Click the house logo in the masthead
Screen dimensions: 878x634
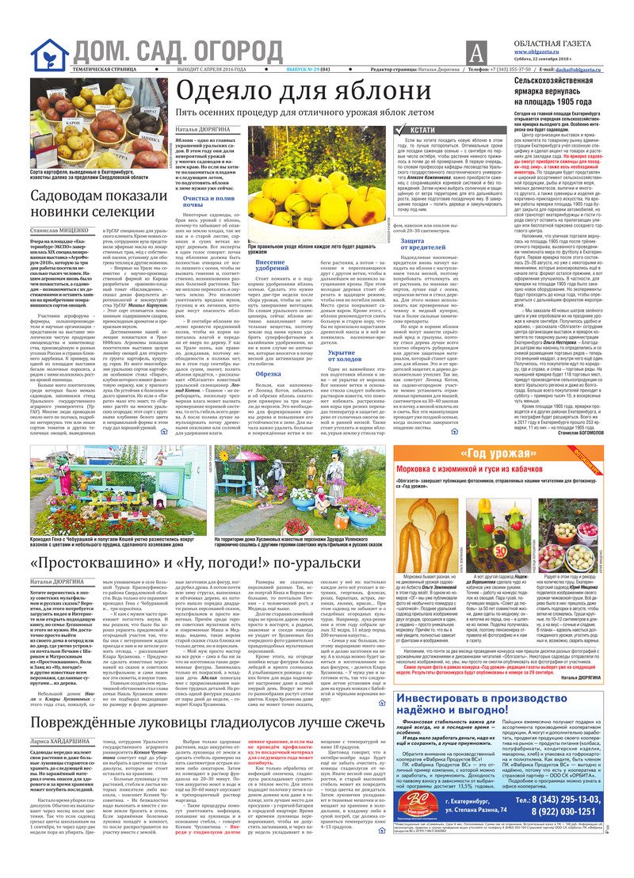49,53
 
